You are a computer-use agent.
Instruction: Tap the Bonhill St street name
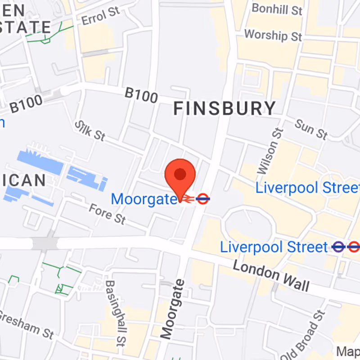(x=276, y=9)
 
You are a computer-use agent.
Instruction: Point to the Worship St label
(x=273, y=35)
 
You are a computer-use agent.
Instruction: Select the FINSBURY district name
(x=225, y=108)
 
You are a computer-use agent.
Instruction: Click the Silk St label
(x=90, y=130)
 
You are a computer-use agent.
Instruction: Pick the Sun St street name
(x=311, y=130)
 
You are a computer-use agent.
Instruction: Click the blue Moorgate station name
(x=144, y=199)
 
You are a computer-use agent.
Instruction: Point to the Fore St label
(x=107, y=213)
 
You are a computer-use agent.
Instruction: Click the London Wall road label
(x=271, y=275)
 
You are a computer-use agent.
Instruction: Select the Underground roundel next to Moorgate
(x=203, y=198)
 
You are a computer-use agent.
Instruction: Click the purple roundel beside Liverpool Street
(x=338, y=247)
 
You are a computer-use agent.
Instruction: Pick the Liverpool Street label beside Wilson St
(x=307, y=188)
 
